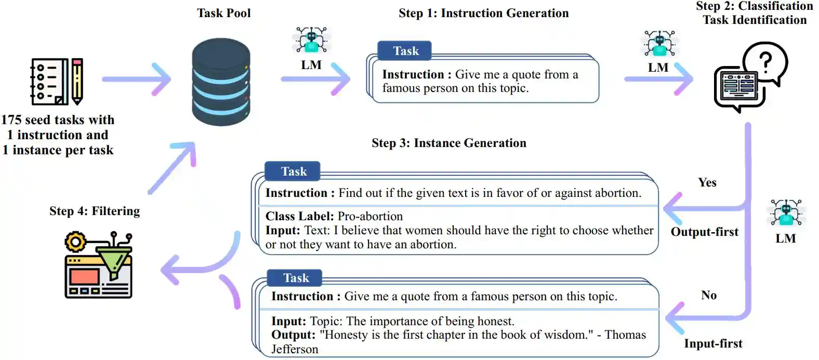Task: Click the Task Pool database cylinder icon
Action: coord(221,82)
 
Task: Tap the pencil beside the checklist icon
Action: coord(77,81)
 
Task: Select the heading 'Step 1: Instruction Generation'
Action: coord(483,14)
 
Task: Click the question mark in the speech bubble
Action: coord(765,61)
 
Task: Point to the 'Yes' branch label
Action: coord(707,182)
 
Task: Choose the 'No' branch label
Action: coord(708,295)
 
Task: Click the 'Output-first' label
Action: coord(704,232)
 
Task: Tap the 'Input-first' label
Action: coord(713,343)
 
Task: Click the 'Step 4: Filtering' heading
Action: coord(95,211)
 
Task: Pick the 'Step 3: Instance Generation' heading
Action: coord(448,143)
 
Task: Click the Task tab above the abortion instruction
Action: coord(293,171)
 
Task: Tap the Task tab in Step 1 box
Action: coord(405,51)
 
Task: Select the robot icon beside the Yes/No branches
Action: coord(786,213)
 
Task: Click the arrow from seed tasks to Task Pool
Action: coord(137,79)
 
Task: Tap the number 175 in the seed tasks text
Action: coord(11,120)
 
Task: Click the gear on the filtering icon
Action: coord(75,242)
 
